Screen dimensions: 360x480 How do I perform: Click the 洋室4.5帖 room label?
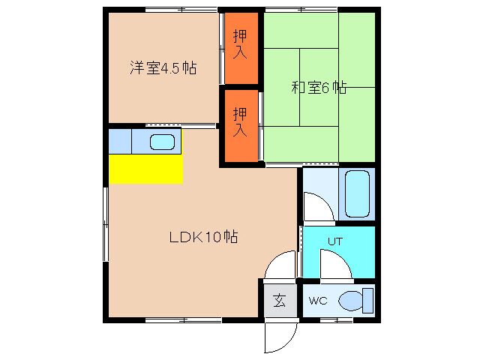tap(163, 68)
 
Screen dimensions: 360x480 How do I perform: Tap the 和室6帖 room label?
tap(319, 87)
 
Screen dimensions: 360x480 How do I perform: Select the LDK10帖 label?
tap(202, 238)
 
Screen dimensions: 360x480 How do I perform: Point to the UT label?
tap(334, 241)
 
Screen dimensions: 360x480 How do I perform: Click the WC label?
tap(318, 301)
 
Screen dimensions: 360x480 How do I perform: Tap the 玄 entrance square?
tap(279, 301)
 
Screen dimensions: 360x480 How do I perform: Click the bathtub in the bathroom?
tap(357, 194)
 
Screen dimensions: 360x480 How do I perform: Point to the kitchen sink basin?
tap(162, 141)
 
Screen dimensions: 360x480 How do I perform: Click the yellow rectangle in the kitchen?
tap(145, 168)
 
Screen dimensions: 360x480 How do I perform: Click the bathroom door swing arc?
tap(316, 203)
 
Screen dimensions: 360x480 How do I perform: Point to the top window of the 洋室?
tap(181, 9)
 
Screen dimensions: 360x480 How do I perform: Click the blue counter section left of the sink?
tap(120, 140)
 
